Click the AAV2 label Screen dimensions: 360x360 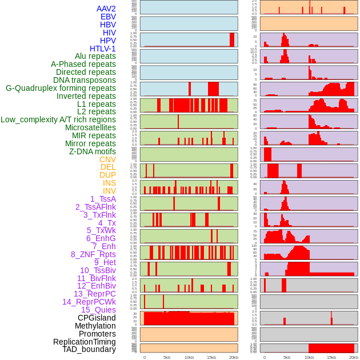[106, 9]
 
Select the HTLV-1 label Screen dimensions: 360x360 [102, 49]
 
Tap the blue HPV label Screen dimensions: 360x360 [107, 41]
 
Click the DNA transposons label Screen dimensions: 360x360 [84, 80]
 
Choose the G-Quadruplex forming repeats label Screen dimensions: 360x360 [61, 88]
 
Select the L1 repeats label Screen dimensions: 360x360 [96, 104]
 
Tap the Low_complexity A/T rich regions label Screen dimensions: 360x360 [58, 119]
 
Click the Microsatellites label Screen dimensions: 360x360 [90, 127]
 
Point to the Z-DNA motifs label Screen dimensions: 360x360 [92, 151]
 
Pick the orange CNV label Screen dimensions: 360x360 [107, 159]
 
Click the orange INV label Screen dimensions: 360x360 [109, 191]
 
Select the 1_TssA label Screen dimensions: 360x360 [103, 199]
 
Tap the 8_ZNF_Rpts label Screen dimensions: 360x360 [93, 254]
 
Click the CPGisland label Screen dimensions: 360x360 [97, 318]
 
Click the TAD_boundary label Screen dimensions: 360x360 [89, 349]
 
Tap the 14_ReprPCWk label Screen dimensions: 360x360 [89, 302]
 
